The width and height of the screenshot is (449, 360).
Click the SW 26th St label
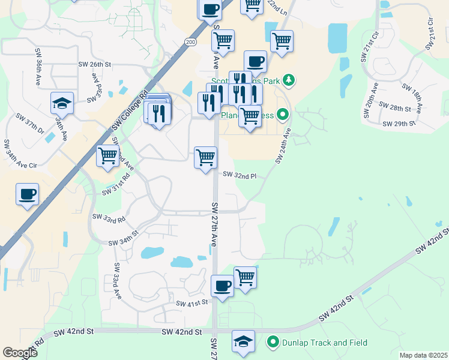click(x=95, y=64)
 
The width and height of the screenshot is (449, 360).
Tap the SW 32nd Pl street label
click(x=240, y=175)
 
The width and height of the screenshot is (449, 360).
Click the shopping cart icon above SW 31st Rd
click(x=108, y=155)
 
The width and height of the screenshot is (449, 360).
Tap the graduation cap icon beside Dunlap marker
click(x=243, y=341)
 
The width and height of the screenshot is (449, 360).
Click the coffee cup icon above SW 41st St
click(x=223, y=286)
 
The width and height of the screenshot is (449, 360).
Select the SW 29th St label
click(x=399, y=124)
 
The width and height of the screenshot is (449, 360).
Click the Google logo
click(x=20, y=353)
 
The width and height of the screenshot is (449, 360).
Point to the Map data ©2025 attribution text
click(x=423, y=355)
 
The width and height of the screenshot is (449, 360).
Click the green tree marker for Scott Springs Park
click(x=289, y=79)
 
